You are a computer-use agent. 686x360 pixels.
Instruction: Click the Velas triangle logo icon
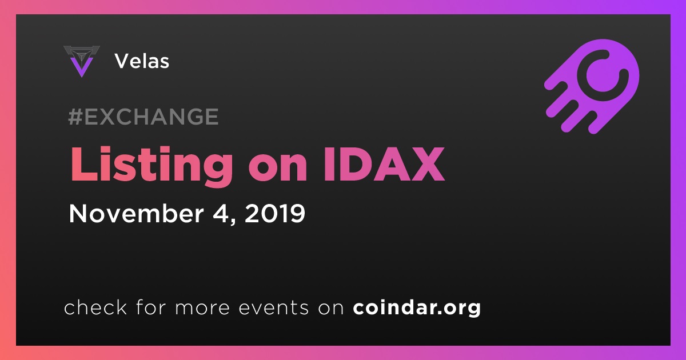tap(81, 61)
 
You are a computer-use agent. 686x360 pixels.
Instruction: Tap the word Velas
tap(142, 61)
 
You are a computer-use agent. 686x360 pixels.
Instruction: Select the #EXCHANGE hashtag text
tap(143, 117)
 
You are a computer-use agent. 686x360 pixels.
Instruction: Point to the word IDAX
tap(384, 165)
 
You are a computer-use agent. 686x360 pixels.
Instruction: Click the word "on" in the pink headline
tap(278, 169)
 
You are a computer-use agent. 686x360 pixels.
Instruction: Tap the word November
tap(136, 213)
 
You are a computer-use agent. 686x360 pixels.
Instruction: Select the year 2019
tap(275, 213)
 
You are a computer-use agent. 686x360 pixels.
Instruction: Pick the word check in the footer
tap(95, 307)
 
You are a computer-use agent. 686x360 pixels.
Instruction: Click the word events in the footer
tap(274, 307)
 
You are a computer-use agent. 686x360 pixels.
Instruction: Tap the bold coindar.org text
tap(417, 307)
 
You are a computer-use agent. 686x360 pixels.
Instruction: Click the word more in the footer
tap(202, 308)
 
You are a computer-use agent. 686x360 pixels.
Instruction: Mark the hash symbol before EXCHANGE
tap(75, 117)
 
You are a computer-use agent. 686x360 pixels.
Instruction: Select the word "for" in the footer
tap(151, 307)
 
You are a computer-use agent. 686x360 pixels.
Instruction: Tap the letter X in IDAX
tap(426, 165)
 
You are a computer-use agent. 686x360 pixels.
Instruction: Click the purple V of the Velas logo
tap(81, 67)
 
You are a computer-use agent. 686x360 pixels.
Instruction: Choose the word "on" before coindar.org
tap(331, 308)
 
